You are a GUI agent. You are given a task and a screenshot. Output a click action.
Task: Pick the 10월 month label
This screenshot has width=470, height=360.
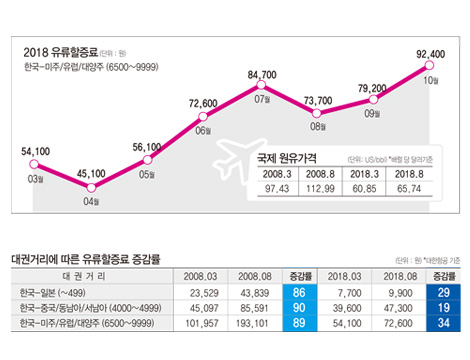(431, 80)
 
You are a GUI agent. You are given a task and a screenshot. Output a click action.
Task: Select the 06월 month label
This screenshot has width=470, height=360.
(202, 130)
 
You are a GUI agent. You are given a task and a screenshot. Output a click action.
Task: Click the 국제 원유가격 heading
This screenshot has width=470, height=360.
(291, 159)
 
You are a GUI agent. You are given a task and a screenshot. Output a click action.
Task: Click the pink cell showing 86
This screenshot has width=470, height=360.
(298, 290)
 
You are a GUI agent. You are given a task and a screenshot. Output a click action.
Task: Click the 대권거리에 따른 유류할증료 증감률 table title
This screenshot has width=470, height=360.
(84, 257)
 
